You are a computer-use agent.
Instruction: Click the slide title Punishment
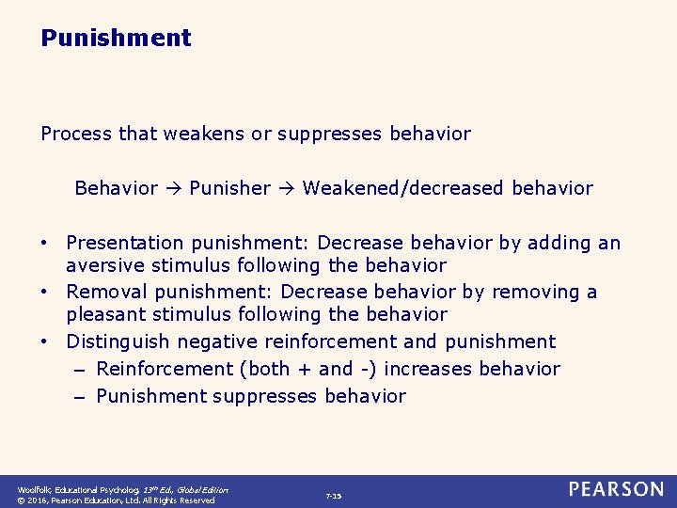[x=116, y=39]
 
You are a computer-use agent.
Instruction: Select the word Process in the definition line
[x=76, y=134]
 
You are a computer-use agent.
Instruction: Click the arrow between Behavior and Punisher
[x=173, y=188]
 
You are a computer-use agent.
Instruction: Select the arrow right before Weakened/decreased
[x=287, y=188]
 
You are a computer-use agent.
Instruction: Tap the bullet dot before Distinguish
[x=45, y=341]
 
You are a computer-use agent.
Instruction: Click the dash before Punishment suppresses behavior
[x=80, y=396]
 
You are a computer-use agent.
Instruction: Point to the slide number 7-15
[x=334, y=495]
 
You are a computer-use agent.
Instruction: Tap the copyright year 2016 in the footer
[x=40, y=500]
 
